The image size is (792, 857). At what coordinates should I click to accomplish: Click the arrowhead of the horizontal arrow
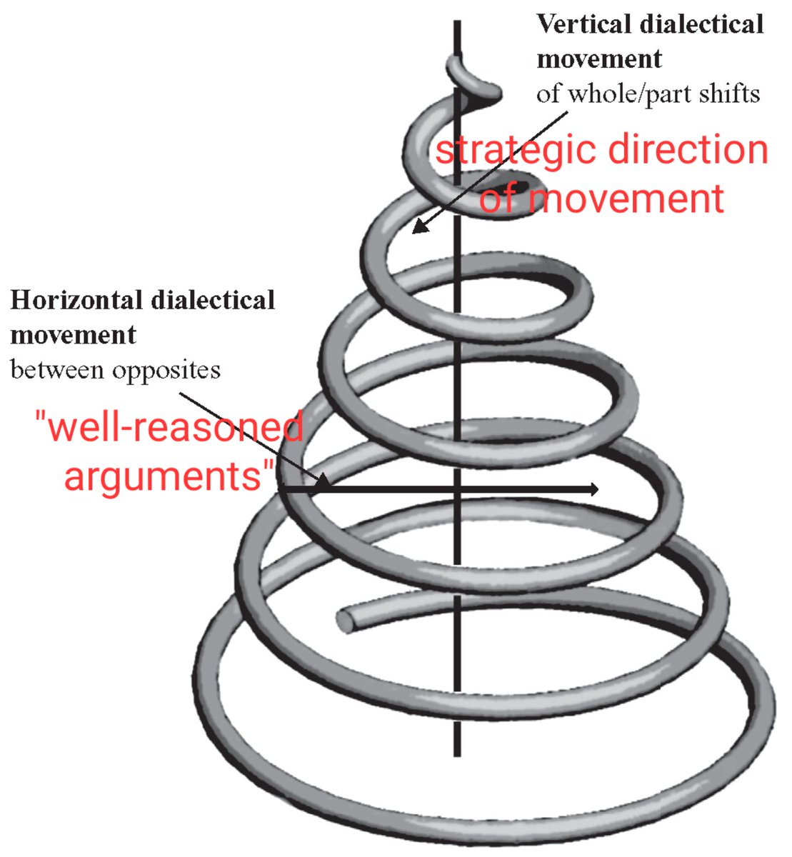(x=593, y=488)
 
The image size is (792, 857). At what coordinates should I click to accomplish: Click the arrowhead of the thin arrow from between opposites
(x=323, y=483)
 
